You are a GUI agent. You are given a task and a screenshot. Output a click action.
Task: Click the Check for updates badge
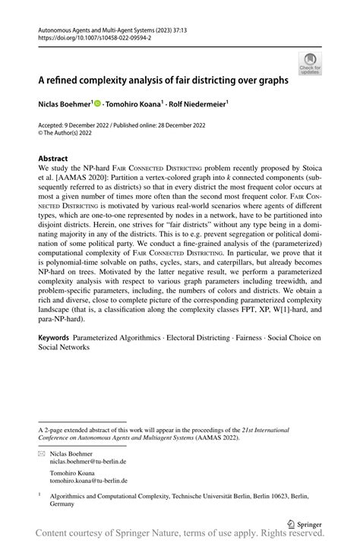coord(311,63)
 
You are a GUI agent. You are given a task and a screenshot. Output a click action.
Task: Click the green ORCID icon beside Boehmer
coord(99,101)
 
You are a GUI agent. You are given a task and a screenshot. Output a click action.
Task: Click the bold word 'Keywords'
coord(55,336)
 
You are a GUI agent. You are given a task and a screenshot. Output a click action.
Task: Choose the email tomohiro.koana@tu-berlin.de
coord(89,480)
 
